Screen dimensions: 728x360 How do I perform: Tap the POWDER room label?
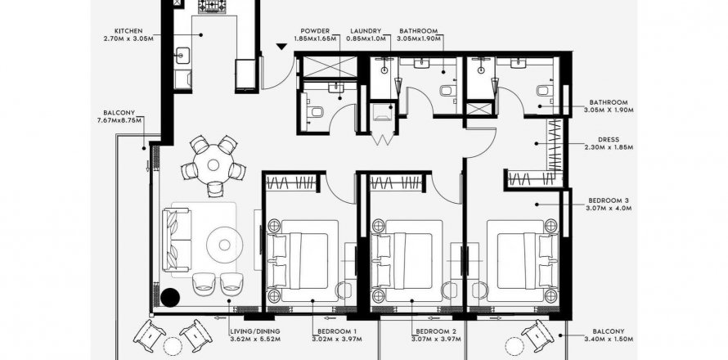pyautogui.click(x=315, y=31)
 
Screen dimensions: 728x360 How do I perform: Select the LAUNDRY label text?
pyautogui.click(x=366, y=31)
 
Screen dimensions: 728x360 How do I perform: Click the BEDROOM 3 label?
pyautogui.click(x=609, y=200)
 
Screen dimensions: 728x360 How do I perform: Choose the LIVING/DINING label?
pyautogui.click(x=255, y=331)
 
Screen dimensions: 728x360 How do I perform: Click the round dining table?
pyautogui.click(x=213, y=164)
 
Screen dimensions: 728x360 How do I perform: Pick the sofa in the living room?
pyautogui.click(x=177, y=240)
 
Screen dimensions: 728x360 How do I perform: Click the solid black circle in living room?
pyautogui.click(x=170, y=297)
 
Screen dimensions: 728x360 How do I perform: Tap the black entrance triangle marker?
pyautogui.click(x=281, y=47)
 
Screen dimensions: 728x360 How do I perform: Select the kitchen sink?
pyautogui.click(x=181, y=56)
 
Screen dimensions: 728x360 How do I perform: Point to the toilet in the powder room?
pyautogui.click(x=316, y=112)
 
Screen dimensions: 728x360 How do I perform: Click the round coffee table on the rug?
pyautogui.click(x=225, y=245)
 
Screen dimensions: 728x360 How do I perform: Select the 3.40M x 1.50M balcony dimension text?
pyautogui.click(x=609, y=340)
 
